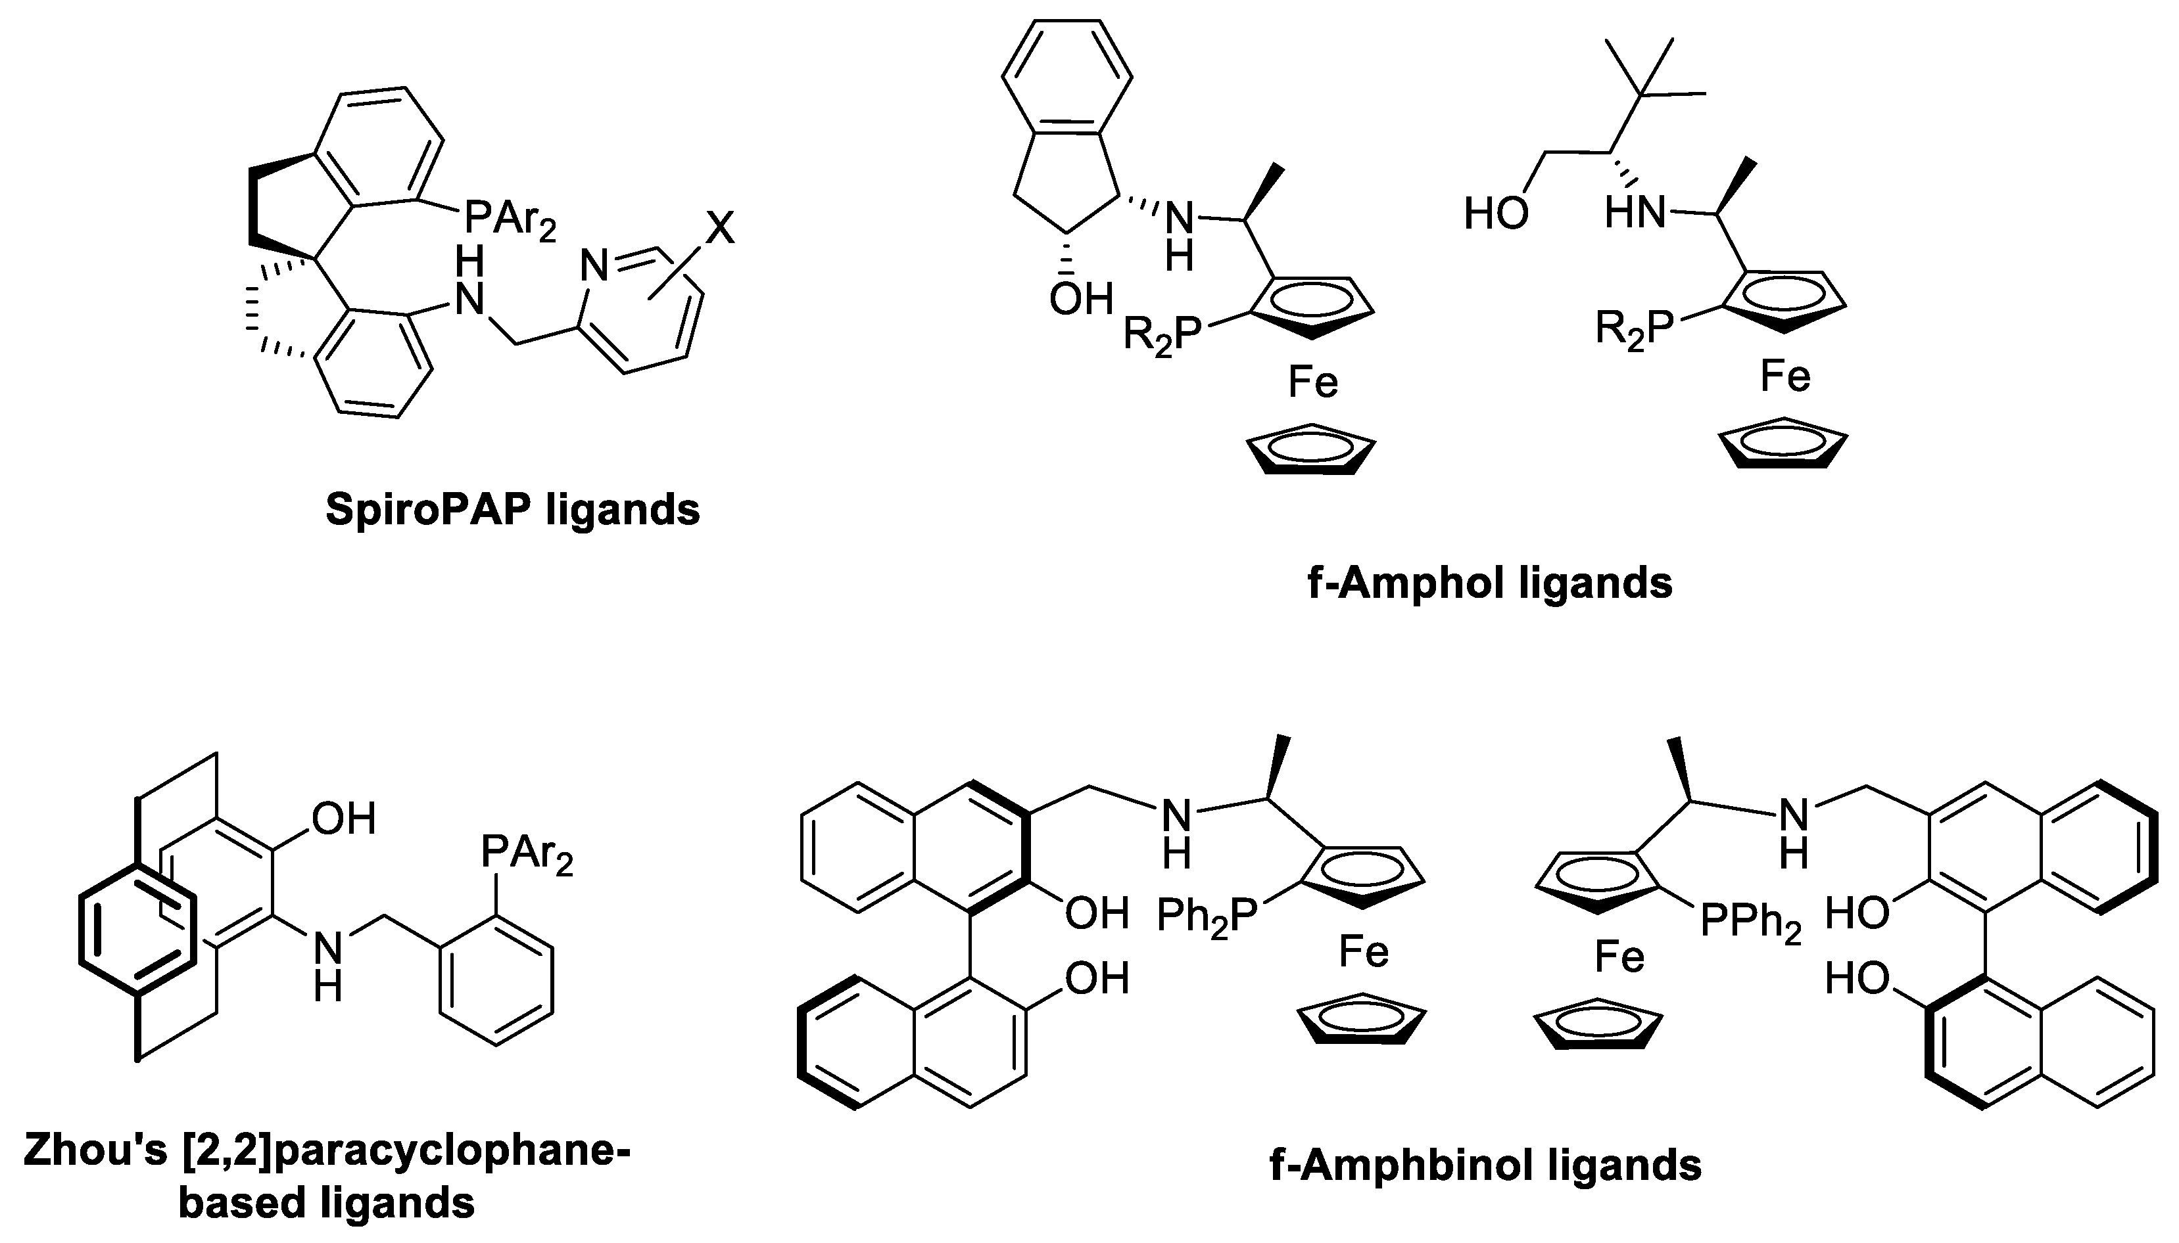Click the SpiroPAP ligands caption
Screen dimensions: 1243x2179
tap(512, 510)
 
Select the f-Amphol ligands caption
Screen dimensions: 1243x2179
tap(1490, 584)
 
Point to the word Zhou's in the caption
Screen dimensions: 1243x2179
tap(95, 1149)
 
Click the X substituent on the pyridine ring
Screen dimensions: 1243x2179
tap(720, 228)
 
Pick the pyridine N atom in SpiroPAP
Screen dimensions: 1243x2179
tap(594, 265)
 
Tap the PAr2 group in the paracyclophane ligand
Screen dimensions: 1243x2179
tap(526, 852)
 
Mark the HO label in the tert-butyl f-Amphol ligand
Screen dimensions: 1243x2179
tap(1496, 213)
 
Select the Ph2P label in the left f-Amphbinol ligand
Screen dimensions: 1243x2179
tap(1207, 918)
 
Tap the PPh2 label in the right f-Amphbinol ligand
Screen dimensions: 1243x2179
tap(1750, 921)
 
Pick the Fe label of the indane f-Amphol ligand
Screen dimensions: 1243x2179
tap(1313, 382)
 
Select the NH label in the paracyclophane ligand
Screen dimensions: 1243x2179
tap(328, 964)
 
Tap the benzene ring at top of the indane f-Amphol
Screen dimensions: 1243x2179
tap(1067, 77)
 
